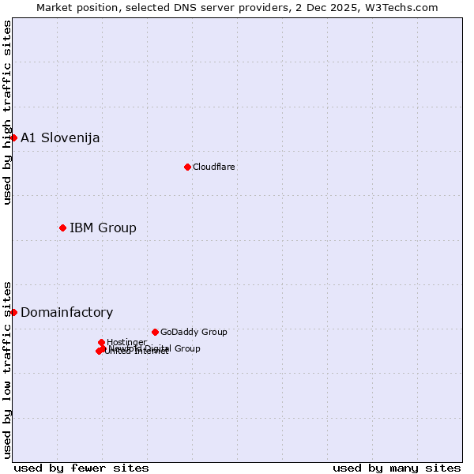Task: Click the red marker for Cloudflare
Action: coord(187,167)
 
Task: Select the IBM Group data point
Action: coord(62,228)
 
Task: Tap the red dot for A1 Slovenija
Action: coord(13,137)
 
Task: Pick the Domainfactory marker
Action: coord(13,312)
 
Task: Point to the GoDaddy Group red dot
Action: coord(155,332)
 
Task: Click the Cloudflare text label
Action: coord(214,167)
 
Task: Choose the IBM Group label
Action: coord(103,228)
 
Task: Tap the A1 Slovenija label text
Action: coord(60,138)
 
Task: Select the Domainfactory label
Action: coord(66,313)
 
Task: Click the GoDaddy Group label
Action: coord(194,332)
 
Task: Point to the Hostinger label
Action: coord(126,342)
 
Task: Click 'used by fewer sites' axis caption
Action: coord(81,468)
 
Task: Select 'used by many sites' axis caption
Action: coord(397,468)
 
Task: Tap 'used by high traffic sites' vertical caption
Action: coord(8,112)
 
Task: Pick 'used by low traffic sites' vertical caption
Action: coord(8,369)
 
